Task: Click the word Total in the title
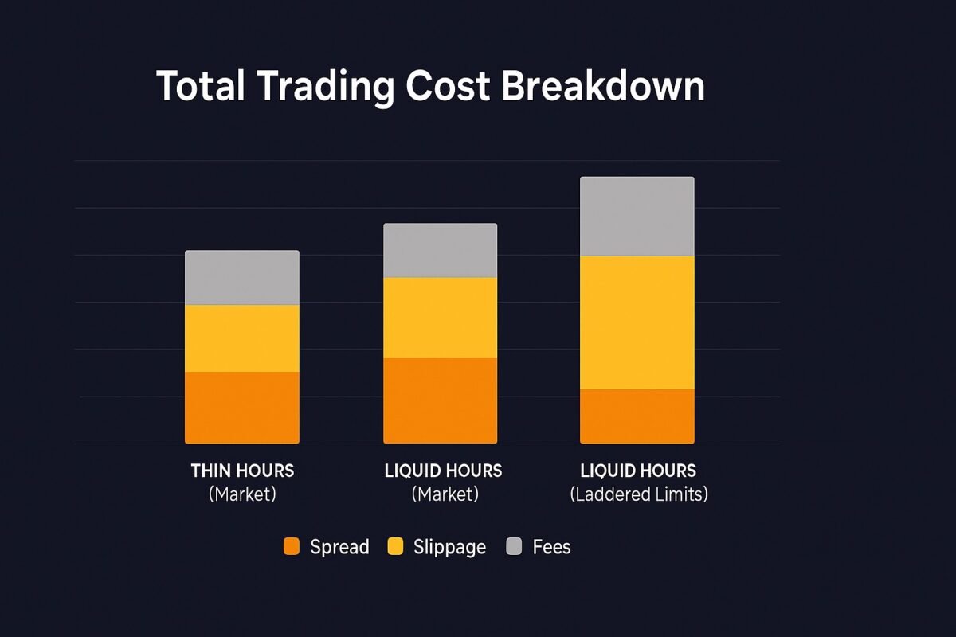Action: [200, 85]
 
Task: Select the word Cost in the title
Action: [448, 85]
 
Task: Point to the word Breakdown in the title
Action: [603, 85]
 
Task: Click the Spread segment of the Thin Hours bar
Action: [242, 407]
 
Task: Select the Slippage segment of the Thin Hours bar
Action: [242, 338]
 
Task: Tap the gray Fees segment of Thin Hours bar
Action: [242, 278]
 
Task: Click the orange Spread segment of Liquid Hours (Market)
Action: [440, 400]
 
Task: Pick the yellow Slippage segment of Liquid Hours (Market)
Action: [440, 317]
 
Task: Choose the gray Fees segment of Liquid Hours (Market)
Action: [440, 250]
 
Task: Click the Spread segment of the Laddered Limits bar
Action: [637, 416]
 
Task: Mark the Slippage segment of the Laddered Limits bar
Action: [637, 322]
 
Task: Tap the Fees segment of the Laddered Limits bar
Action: [637, 216]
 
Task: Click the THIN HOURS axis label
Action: [242, 471]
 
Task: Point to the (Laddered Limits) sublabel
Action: [639, 494]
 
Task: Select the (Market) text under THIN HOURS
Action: [242, 494]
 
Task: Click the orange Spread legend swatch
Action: [292, 547]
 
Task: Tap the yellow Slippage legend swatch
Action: [395, 547]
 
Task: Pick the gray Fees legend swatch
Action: [514, 547]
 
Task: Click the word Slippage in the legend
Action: [449, 548]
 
